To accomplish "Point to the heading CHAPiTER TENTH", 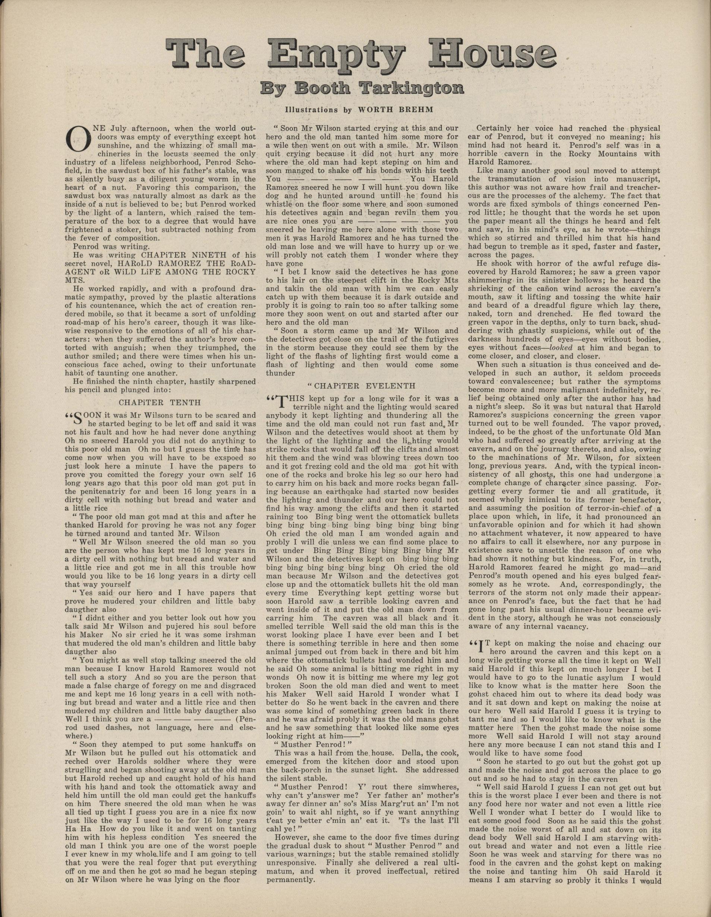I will (x=160, y=402).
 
